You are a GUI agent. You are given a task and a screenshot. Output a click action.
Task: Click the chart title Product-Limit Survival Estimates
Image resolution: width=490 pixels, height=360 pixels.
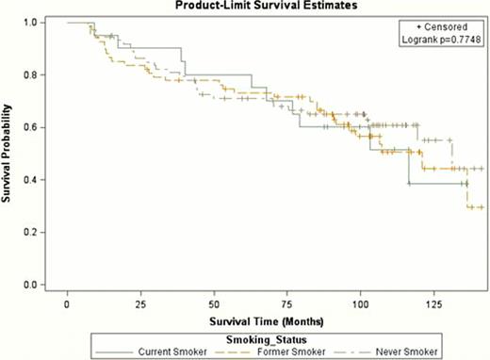click(x=257, y=6)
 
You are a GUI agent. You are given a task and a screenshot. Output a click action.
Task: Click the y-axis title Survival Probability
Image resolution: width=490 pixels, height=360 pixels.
click(x=8, y=154)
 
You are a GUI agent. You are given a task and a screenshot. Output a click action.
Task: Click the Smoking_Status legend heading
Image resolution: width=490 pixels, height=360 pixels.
click(x=265, y=338)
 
